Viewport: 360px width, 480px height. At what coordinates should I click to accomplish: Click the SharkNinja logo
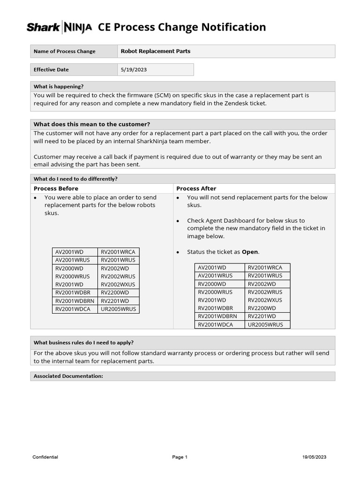59,28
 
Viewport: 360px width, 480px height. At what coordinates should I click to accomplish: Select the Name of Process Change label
64,51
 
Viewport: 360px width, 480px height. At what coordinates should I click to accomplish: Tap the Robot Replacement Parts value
156,51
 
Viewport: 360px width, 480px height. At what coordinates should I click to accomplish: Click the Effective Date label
51,69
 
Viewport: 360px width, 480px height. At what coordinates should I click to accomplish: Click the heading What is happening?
59,86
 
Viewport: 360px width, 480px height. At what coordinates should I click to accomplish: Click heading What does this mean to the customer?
92,124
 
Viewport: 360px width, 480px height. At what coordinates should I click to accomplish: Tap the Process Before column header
56,188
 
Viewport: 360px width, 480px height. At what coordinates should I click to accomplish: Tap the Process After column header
196,188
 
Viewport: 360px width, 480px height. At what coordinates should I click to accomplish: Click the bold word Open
250,252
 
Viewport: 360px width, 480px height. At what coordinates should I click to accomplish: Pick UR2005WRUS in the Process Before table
118,309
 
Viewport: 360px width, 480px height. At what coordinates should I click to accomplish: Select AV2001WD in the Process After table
212,268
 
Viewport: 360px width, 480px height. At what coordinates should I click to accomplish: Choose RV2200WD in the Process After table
262,308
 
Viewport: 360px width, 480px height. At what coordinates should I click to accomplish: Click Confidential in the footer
45,457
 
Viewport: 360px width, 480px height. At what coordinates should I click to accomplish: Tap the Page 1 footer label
180,457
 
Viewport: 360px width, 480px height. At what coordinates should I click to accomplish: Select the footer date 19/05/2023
315,457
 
